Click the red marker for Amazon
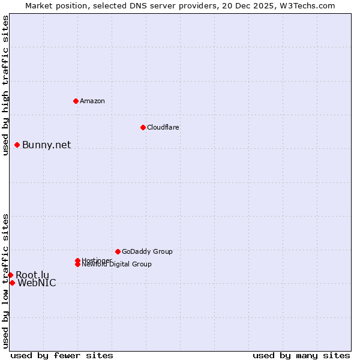[76, 101]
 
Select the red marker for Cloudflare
[143, 127]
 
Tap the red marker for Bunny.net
[17, 145]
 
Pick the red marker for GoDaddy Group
[118, 251]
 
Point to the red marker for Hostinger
[77, 260]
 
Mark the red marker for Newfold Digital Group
[78, 264]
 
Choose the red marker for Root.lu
[10, 275]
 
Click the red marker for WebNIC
[12, 283]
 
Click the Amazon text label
[92, 101]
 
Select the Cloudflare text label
[163, 127]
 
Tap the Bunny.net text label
[47, 145]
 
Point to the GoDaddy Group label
[147, 251]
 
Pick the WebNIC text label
[37, 283]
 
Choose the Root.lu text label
[32, 275]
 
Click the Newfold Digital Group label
[117, 265]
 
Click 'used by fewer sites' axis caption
[62, 355]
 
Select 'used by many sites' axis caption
[301, 355]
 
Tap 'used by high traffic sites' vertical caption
[5, 85]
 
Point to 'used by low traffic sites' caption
[5, 280]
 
